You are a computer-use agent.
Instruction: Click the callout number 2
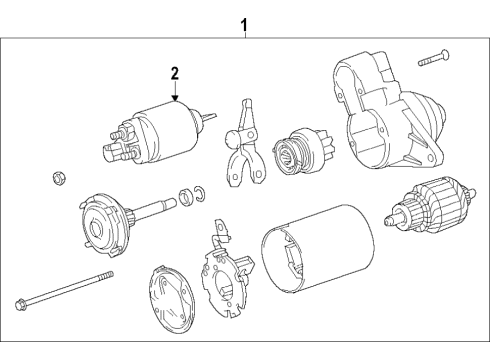pyautogui.click(x=174, y=73)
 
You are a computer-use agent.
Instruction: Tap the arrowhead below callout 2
pyautogui.click(x=174, y=99)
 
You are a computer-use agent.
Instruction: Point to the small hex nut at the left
pyautogui.click(x=58, y=178)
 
